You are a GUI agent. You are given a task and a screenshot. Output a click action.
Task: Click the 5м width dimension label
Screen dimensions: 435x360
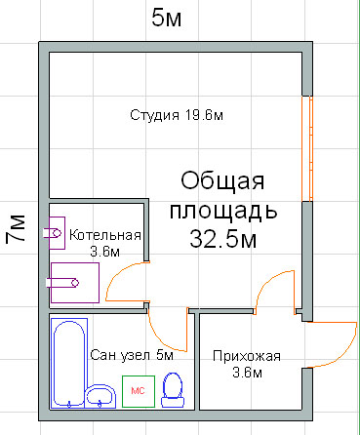click(x=167, y=18)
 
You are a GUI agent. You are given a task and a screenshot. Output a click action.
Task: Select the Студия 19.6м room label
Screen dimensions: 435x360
click(x=177, y=116)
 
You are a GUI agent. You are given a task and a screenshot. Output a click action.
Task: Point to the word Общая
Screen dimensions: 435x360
click(x=223, y=182)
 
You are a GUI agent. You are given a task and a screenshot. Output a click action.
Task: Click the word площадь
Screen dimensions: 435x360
click(x=223, y=210)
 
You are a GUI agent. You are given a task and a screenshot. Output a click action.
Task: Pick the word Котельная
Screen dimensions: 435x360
click(x=105, y=236)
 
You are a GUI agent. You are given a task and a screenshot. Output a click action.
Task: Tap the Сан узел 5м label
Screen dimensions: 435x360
click(x=131, y=355)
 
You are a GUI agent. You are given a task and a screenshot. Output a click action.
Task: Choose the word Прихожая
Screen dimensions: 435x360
click(x=246, y=356)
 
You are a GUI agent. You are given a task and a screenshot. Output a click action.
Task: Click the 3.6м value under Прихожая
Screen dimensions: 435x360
click(x=246, y=372)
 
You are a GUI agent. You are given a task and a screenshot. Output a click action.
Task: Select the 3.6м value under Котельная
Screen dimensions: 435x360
click(x=104, y=252)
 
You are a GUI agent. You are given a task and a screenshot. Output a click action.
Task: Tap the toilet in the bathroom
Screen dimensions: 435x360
click(x=174, y=390)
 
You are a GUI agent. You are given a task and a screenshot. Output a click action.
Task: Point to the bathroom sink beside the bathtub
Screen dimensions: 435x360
click(x=100, y=395)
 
